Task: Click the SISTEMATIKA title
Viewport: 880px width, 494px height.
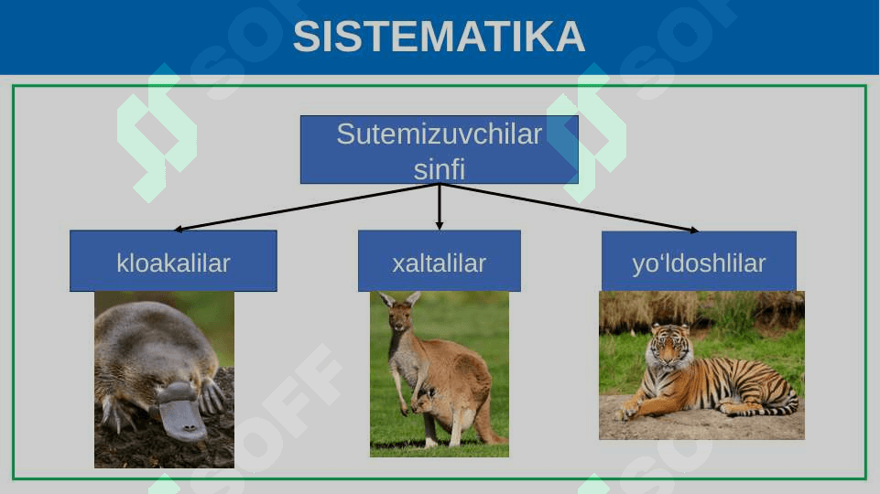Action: click(439, 37)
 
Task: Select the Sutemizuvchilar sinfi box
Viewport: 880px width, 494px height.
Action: click(440, 150)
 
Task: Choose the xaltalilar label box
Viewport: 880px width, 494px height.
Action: click(440, 261)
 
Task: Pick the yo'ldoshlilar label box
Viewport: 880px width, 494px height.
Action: click(699, 261)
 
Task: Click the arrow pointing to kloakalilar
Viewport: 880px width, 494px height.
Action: click(307, 207)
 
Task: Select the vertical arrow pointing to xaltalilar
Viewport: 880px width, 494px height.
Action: click(440, 207)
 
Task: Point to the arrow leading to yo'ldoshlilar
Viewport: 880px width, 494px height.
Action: click(569, 207)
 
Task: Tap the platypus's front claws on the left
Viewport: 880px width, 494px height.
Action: click(116, 413)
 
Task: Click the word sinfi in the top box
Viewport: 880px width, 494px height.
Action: click(440, 169)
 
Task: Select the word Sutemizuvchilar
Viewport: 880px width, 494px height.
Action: click(440, 134)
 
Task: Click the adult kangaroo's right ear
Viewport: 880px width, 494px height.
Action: click(413, 298)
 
